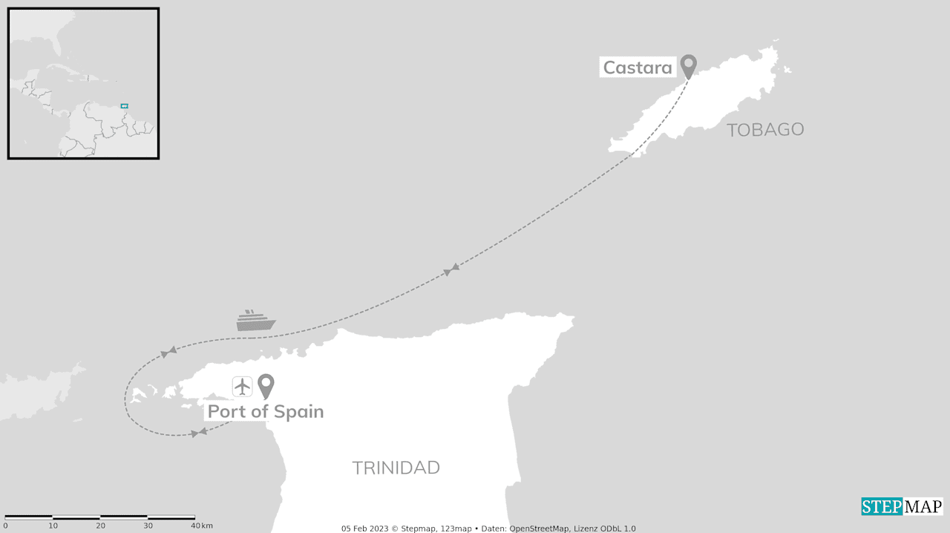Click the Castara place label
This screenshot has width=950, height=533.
638,68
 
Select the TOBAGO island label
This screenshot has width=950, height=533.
765,130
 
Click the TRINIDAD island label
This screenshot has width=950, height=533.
396,468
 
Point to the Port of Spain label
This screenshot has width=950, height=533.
265,411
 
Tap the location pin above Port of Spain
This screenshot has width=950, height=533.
266,385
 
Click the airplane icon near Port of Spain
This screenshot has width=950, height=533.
243,386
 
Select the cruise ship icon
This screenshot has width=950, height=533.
256,321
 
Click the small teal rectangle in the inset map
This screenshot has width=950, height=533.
125,106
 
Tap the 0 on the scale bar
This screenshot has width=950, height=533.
5,526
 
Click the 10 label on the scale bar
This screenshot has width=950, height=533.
53,526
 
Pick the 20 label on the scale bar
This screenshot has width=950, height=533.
100,526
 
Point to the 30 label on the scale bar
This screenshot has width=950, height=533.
148,526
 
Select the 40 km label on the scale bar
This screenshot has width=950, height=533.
200,526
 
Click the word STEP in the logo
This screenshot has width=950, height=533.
881,506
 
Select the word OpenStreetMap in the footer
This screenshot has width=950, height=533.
540,529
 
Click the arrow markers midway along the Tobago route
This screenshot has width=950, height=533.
451,269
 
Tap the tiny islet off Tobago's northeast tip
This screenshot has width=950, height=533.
787,71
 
